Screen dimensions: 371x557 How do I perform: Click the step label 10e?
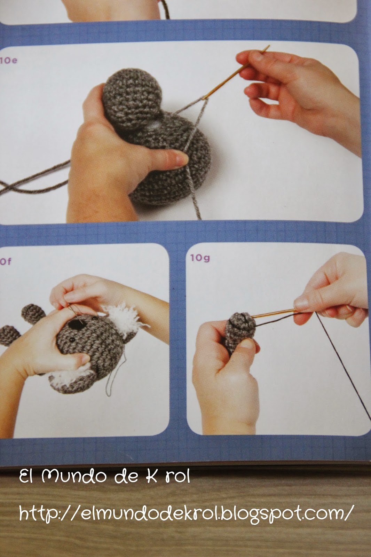click(x=8, y=61)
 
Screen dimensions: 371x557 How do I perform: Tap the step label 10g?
click(x=200, y=258)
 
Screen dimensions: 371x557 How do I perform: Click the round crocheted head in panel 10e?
click(x=132, y=97)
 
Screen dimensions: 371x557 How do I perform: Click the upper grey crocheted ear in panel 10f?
click(x=33, y=314)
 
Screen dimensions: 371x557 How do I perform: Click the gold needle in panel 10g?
click(x=274, y=313)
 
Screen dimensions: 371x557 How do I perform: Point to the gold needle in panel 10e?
click(x=236, y=72)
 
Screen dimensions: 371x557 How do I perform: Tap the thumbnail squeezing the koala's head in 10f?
click(x=83, y=359)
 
